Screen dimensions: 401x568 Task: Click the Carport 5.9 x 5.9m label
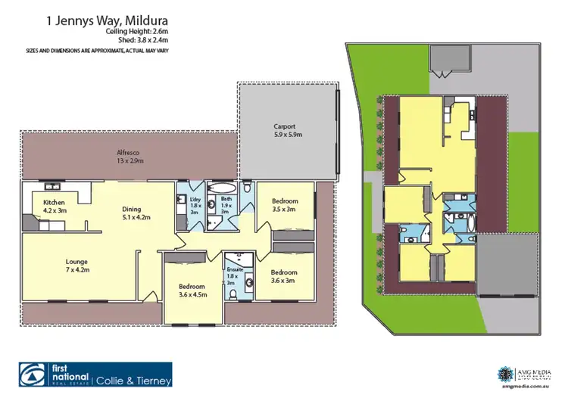pyautogui.click(x=288, y=131)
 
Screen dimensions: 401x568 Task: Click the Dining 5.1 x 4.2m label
pyautogui.click(x=137, y=213)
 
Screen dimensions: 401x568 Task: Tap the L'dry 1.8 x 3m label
pyautogui.click(x=195, y=206)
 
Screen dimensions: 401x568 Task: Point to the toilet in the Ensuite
pyautogui.click(x=235, y=294)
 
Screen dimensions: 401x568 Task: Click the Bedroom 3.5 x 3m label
pyautogui.click(x=284, y=205)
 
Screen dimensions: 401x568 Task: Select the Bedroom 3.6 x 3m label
pyautogui.click(x=284, y=276)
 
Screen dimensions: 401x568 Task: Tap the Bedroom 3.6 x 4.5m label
pyautogui.click(x=192, y=291)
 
